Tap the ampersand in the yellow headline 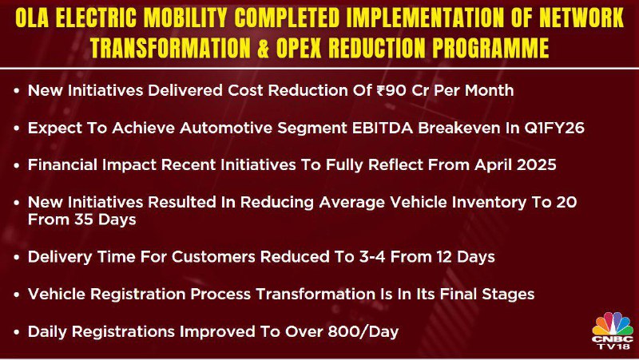(263, 48)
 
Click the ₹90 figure (391, 90)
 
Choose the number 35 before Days (84, 220)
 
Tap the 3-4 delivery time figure (372, 257)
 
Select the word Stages (508, 295)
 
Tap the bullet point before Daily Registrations (17, 332)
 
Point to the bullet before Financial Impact (17, 165)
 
